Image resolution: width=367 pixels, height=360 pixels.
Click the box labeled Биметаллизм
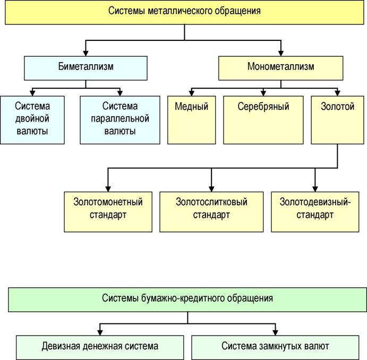pyautogui.click(x=86, y=68)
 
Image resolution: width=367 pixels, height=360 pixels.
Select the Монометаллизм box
pyautogui.click(x=280, y=68)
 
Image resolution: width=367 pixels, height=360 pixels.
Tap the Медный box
pyautogui.click(x=191, y=120)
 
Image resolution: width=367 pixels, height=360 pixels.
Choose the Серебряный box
pyautogui.click(x=263, y=120)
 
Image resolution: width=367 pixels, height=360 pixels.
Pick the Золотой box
pyautogui.click(x=337, y=120)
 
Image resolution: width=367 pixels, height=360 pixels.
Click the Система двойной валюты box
pyautogui.click(x=32, y=120)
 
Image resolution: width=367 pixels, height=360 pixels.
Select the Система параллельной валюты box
pyautogui.click(x=120, y=120)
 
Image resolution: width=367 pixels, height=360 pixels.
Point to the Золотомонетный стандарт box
pyautogui.click(x=108, y=212)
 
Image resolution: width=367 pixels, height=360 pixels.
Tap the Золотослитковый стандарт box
pyautogui.click(x=211, y=212)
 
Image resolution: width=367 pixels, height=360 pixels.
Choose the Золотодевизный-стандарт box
pyautogui.click(x=315, y=212)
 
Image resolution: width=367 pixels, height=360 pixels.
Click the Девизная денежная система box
pyautogui.click(x=100, y=347)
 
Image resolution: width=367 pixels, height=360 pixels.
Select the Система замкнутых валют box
pyautogui.click(x=275, y=347)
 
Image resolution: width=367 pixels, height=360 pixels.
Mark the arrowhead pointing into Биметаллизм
pyautogui.click(x=86, y=53)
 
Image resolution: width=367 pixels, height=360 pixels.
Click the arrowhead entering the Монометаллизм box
pyautogui.click(x=281, y=53)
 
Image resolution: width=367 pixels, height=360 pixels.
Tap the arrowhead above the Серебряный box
pyautogui.click(x=263, y=93)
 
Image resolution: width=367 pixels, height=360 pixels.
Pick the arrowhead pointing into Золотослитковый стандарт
pyautogui.click(x=211, y=189)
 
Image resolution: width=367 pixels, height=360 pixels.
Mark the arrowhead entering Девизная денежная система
pyautogui.click(x=100, y=332)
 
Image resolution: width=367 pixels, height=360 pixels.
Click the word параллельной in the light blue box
pyautogui.click(x=120, y=119)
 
